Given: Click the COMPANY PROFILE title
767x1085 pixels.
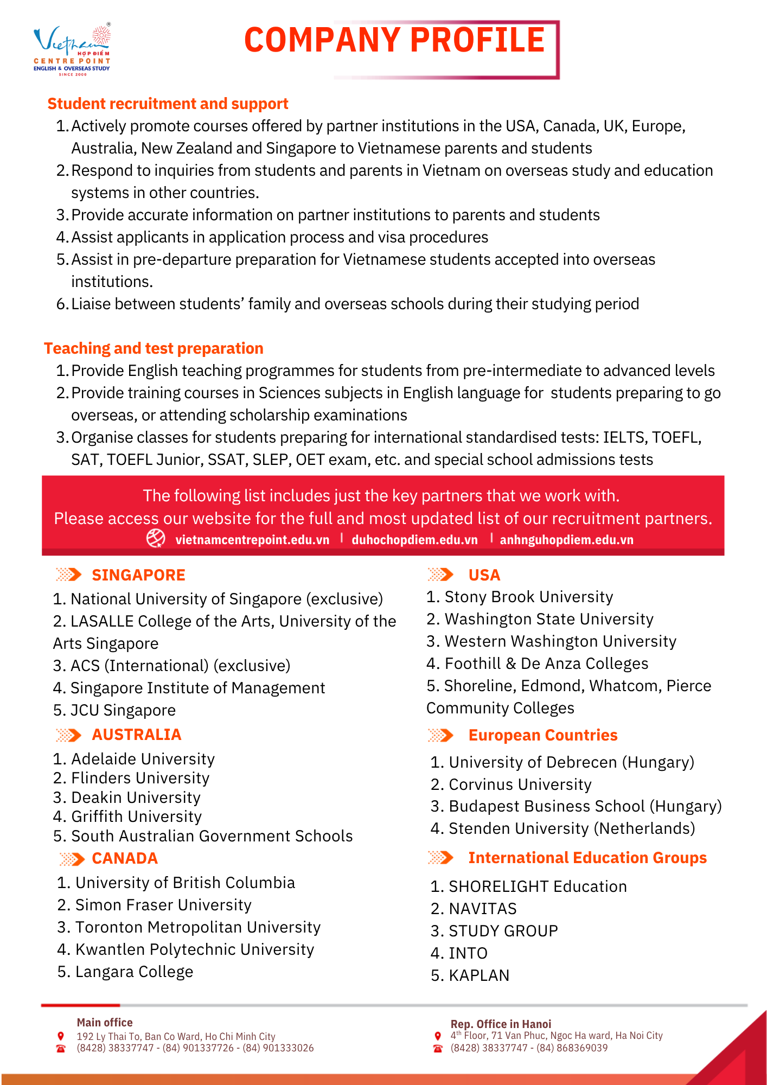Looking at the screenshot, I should [394, 40].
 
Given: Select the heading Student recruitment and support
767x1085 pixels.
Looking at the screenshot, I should [168, 104].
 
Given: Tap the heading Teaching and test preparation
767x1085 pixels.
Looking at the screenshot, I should [154, 348].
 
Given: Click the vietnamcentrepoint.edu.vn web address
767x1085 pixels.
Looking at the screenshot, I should [252, 540].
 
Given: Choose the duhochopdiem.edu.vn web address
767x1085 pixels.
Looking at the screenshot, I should [414, 540].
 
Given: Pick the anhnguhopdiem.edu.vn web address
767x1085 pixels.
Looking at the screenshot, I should [566, 540].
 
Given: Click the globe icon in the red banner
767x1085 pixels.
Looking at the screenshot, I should [156, 538].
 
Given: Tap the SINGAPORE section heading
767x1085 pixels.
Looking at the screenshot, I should [138, 575].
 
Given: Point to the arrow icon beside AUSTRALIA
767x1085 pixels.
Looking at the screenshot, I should [68, 735].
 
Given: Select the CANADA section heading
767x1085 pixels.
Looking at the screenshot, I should [125, 858].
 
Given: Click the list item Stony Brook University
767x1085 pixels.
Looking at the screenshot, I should [528, 597].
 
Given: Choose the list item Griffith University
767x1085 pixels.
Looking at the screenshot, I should [136, 816].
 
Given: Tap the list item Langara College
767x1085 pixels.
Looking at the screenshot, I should [134, 972].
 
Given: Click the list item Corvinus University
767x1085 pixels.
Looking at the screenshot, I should [520, 784].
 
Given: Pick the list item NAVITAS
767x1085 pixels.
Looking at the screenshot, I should [482, 909].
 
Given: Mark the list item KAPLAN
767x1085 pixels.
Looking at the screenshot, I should [479, 975].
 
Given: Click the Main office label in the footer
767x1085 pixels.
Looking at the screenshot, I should [105, 1023].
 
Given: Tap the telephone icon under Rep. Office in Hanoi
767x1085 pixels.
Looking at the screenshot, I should [438, 1048].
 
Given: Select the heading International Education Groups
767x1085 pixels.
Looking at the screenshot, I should [587, 858].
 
